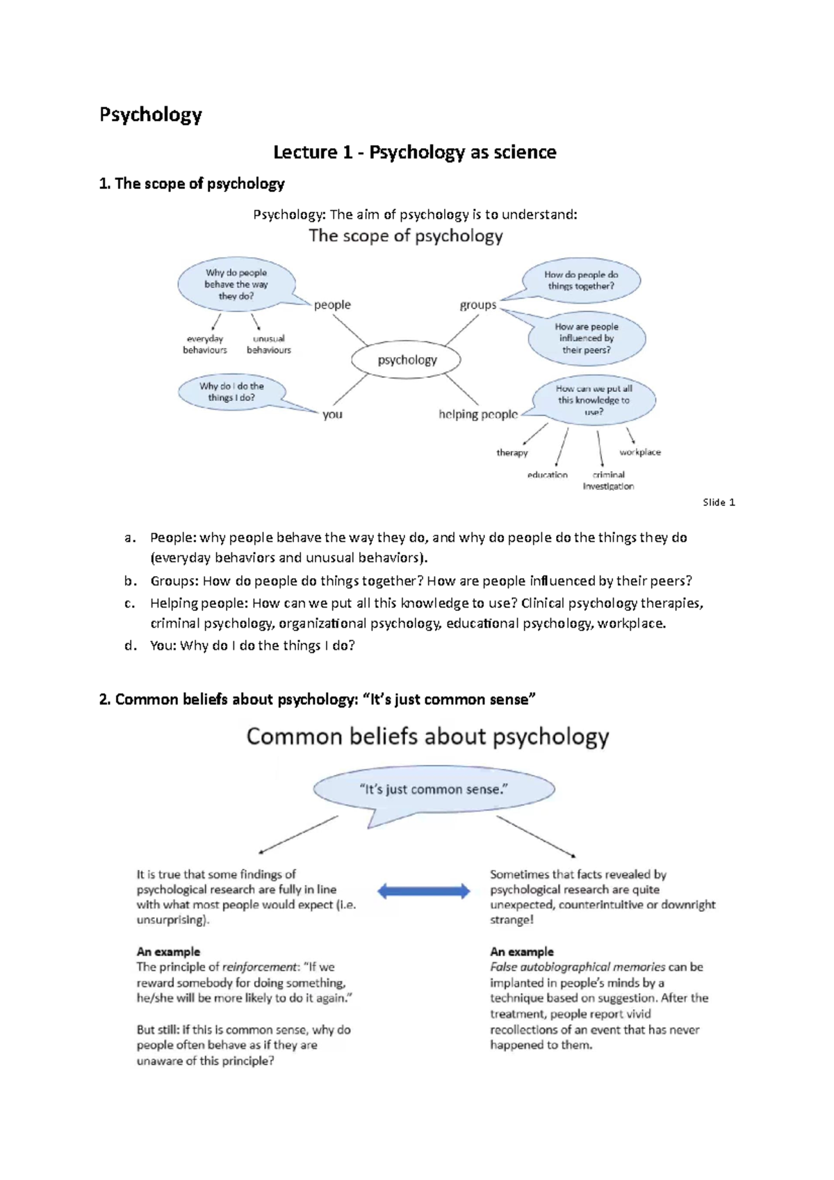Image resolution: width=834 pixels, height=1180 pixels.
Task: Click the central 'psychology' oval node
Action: click(x=407, y=360)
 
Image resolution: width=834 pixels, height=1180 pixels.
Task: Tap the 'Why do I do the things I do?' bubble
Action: click(x=231, y=392)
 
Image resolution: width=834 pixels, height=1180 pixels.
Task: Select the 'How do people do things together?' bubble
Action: click(x=581, y=281)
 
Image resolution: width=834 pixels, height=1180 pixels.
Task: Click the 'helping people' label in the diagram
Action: click(x=478, y=414)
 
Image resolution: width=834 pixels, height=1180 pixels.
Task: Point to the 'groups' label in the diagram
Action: click(x=478, y=305)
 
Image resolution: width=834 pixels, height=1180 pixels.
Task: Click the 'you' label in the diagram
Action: click(x=332, y=414)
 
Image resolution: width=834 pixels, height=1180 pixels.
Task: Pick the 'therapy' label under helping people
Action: click(x=512, y=452)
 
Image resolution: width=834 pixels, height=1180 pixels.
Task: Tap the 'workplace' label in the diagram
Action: click(x=640, y=452)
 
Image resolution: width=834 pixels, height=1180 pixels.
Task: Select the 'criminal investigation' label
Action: click(x=608, y=480)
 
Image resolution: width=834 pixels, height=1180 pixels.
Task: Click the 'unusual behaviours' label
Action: click(x=269, y=345)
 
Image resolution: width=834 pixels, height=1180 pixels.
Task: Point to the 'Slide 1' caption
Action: click(x=719, y=502)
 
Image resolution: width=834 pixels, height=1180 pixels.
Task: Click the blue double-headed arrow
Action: click(x=423, y=891)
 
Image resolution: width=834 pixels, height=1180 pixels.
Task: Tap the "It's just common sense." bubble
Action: click(x=434, y=789)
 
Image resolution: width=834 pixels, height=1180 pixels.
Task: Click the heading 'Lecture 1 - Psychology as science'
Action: click(x=415, y=152)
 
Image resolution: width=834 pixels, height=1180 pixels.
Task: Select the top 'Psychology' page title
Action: click(x=151, y=115)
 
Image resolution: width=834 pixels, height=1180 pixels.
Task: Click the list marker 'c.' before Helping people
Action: click(x=129, y=603)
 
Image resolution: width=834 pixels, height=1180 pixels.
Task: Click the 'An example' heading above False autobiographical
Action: click(x=522, y=951)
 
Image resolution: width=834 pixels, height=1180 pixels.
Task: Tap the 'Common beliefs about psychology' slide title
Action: click(x=427, y=737)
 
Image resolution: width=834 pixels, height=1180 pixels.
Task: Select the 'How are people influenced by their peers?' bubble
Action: click(x=587, y=338)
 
